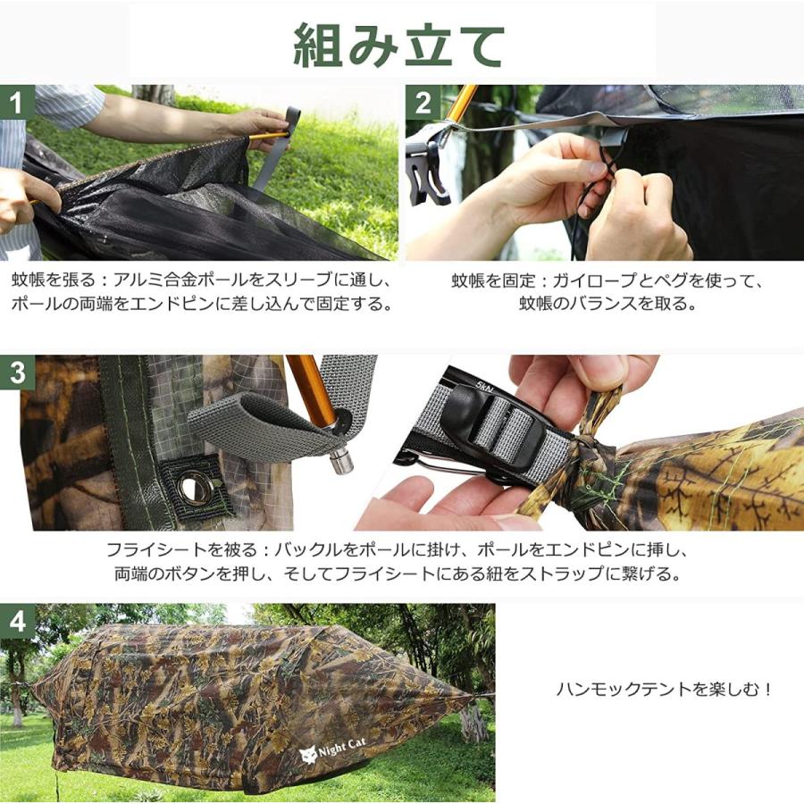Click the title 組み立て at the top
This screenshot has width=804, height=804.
pyautogui.click(x=399, y=46)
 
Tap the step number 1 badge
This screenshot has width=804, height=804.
pyautogui.click(x=15, y=103)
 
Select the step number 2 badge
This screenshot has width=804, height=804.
pyautogui.click(x=423, y=103)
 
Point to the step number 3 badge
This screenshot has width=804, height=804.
pyautogui.click(x=16, y=373)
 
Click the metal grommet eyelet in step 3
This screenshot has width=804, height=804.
pyautogui.click(x=190, y=486)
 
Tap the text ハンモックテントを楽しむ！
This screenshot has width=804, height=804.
pyautogui.click(x=665, y=689)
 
